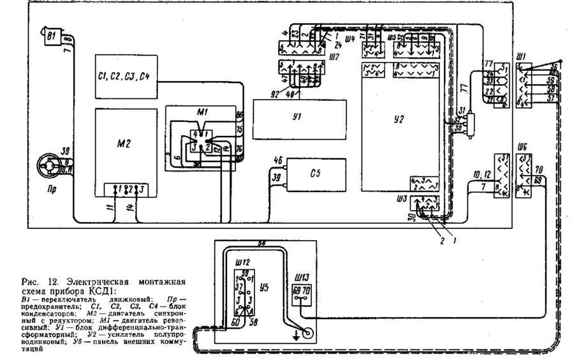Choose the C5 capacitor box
(x=316, y=173)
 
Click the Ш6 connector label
(x=522, y=144)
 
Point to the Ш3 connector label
(x=402, y=199)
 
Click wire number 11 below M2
(x=108, y=208)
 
